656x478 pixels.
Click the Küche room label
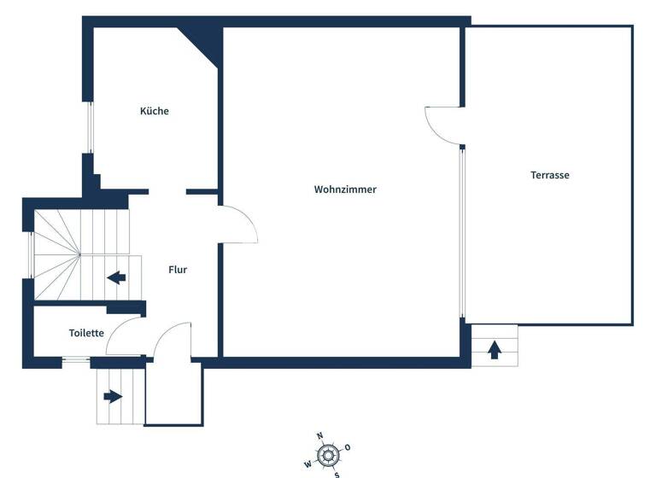tap(155, 111)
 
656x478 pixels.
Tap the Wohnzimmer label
tap(345, 189)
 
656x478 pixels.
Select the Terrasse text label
tap(549, 175)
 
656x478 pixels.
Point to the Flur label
tap(178, 270)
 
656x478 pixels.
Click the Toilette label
tap(86, 333)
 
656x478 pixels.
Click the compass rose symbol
tap(327, 455)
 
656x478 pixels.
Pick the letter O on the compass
tap(348, 447)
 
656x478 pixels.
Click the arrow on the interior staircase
tap(116, 277)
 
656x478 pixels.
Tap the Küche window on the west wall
tap(88, 128)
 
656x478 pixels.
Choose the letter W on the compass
tap(307, 464)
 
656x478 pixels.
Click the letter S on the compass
tap(337, 474)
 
